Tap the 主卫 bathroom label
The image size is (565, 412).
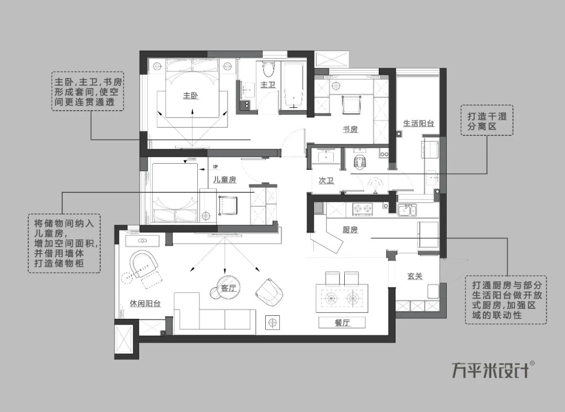point(267,84)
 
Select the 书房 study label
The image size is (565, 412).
point(350,129)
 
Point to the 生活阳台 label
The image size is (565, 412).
point(419,124)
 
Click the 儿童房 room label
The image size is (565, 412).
point(225,180)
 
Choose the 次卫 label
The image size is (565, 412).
point(326,180)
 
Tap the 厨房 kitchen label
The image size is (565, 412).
point(350,230)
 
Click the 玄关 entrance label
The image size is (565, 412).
point(415,276)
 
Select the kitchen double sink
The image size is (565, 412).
point(406,211)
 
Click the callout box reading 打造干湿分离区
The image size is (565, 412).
point(487,121)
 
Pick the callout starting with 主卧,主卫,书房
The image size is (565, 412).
point(88,91)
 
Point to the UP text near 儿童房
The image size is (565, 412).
point(216,167)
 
